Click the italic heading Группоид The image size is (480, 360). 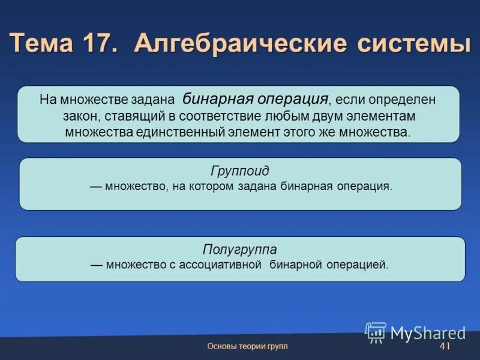click(239, 171)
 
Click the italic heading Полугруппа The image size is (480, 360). click(239, 249)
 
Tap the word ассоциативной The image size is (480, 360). click(220, 265)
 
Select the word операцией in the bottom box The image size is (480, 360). click(361, 265)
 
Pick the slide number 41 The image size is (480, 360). click(445, 347)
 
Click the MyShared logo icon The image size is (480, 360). click(376, 332)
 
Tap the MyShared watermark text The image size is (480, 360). click(428, 333)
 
